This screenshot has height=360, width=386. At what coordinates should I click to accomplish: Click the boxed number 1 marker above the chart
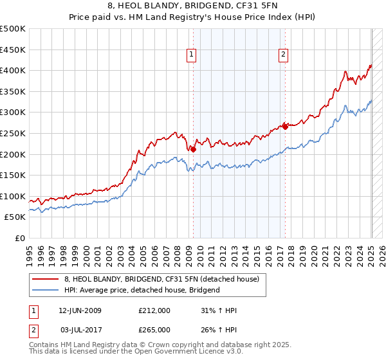pos(192,55)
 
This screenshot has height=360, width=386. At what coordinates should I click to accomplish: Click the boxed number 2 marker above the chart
pos(283,55)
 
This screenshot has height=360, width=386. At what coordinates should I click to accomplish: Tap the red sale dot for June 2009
pos(193,149)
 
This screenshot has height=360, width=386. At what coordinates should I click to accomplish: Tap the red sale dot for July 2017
pos(285,127)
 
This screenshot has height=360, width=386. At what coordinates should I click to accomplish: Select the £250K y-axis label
pos(13,133)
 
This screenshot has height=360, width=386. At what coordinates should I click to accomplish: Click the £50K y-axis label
pos(15,217)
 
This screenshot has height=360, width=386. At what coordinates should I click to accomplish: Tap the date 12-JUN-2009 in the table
pos(80,310)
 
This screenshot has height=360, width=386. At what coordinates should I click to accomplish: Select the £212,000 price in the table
pos(154,310)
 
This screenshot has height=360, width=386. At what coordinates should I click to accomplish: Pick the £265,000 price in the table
pos(154,329)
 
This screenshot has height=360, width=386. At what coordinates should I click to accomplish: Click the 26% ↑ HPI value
pos(219,329)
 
